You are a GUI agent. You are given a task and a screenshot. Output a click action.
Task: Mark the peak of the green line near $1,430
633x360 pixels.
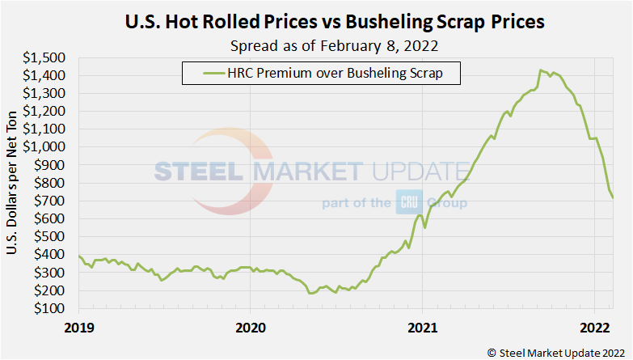541,70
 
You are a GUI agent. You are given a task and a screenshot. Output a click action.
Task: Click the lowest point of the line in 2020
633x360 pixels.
311,293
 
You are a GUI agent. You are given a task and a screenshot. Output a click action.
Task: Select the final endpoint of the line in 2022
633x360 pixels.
613,197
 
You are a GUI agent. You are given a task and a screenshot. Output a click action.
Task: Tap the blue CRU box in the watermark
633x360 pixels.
407,201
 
